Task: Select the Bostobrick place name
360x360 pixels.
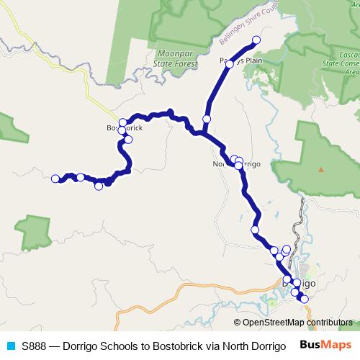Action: point(124,128)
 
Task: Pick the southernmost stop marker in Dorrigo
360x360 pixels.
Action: point(304,299)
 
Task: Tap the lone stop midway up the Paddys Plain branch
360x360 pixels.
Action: point(207,119)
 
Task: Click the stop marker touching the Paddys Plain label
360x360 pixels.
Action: point(231,61)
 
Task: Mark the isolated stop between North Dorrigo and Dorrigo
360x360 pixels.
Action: point(255,230)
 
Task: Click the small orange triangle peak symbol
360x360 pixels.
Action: point(321,169)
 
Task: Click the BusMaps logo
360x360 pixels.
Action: point(325,345)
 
